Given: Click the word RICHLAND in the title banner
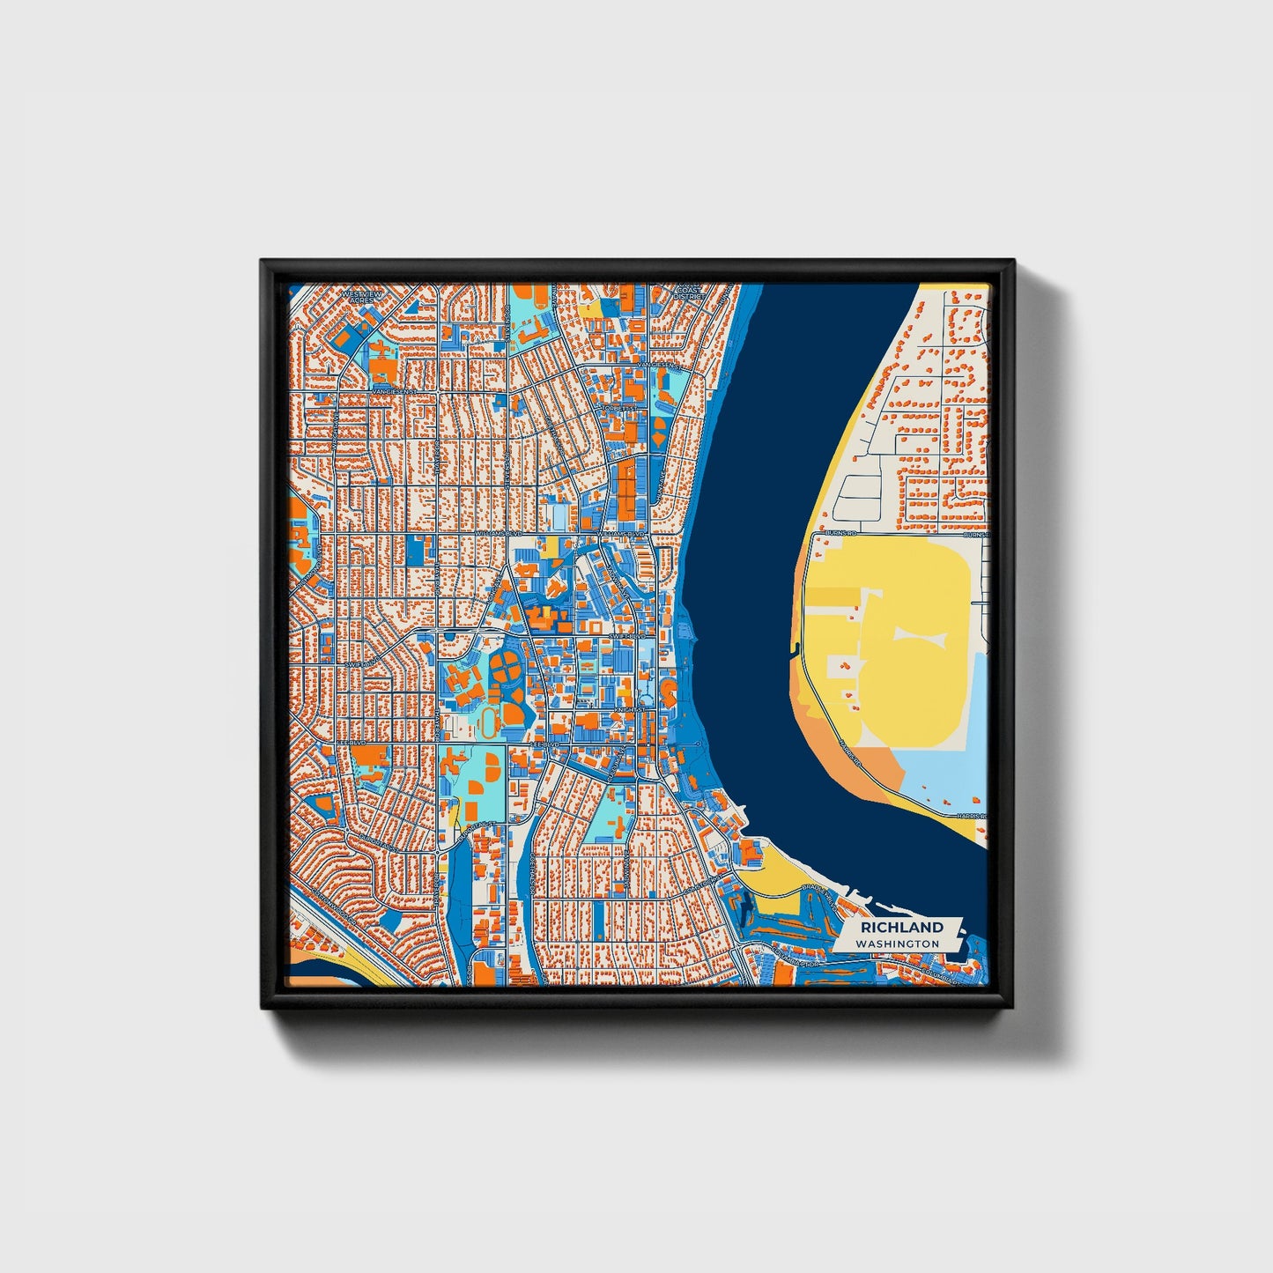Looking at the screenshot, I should pyautogui.click(x=901, y=927).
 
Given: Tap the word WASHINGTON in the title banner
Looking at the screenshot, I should pyautogui.click(x=901, y=944).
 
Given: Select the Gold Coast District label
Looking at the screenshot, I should pyautogui.click(x=688, y=291).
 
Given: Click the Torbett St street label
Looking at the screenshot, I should pyautogui.click(x=619, y=408).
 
